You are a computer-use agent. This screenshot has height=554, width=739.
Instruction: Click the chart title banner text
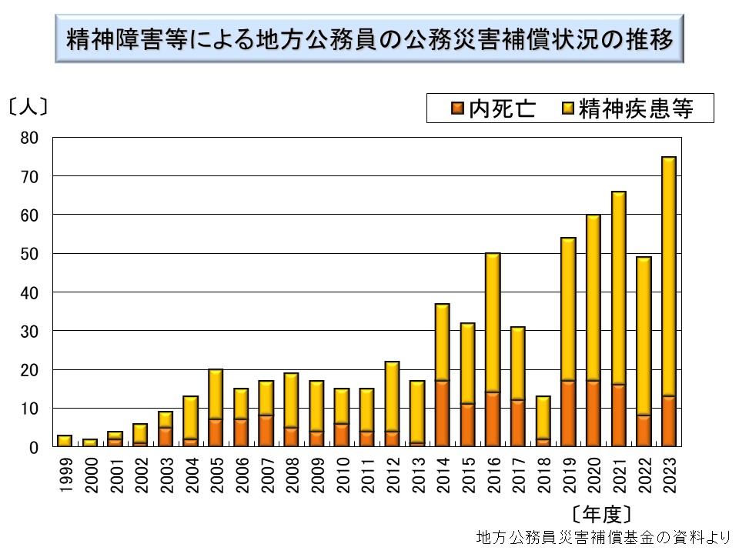pos(369,37)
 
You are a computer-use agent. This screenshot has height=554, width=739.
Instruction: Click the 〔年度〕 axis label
pos(603,513)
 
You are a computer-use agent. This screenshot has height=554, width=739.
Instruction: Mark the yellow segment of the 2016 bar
pos(493,323)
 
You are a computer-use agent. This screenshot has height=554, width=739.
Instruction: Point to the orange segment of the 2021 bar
pos(619,415)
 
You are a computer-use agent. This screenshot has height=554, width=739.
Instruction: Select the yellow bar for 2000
pos(90,442)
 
